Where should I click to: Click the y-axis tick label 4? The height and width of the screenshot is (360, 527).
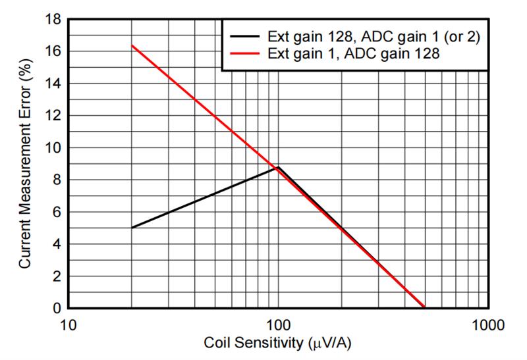coord(56,244)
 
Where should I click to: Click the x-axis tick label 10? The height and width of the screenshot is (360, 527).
coord(69,325)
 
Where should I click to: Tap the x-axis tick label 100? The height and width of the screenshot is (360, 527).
coord(277,325)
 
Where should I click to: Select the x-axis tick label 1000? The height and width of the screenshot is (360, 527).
coord(488,325)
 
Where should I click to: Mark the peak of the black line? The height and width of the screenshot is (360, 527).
coord(278,167)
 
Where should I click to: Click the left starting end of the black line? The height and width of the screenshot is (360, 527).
coord(132,228)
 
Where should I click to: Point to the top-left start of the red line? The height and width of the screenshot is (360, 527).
coord(132,45)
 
